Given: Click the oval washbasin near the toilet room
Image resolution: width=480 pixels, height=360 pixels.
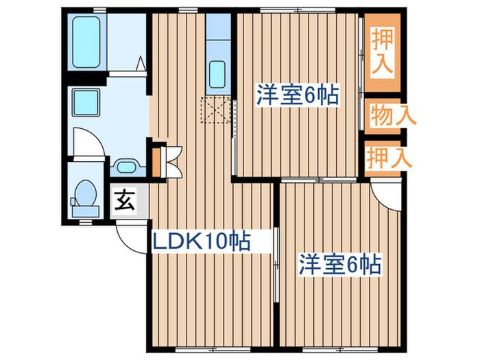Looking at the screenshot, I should (x=125, y=167).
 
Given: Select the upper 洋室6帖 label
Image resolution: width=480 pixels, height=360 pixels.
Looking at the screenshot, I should (x=298, y=95).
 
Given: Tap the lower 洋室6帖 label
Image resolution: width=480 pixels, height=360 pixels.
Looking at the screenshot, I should (x=339, y=264).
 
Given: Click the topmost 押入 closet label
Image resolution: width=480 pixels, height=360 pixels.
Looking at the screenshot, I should (x=382, y=50).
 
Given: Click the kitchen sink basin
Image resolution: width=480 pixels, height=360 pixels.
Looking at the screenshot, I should (x=218, y=73).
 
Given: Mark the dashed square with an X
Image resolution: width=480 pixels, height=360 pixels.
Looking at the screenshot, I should (x=215, y=110).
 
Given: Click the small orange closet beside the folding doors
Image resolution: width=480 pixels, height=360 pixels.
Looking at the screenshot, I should (x=156, y=161).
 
